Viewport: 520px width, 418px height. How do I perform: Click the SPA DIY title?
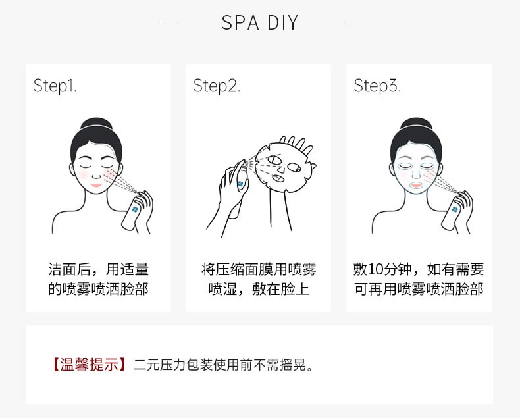(x=259, y=23)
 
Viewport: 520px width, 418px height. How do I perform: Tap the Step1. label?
(x=55, y=86)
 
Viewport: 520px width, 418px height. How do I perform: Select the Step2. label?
(x=217, y=86)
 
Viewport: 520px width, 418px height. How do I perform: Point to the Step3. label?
(x=377, y=86)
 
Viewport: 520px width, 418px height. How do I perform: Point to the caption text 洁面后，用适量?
(x=98, y=269)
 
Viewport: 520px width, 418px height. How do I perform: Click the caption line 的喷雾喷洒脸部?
(x=98, y=290)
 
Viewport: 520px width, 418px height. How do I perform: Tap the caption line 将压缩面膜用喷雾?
(x=258, y=269)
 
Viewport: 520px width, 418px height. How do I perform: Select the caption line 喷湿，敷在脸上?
(x=258, y=290)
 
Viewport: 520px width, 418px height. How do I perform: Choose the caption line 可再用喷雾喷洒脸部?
(x=419, y=290)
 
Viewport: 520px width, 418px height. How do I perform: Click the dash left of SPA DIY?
(x=169, y=22)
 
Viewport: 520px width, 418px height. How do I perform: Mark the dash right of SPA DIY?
(x=351, y=22)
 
